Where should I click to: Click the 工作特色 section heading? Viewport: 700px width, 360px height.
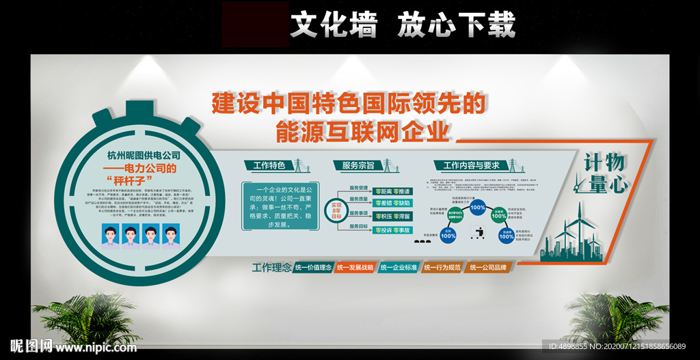coord(269,165)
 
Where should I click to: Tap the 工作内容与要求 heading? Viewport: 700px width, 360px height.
coord(472,165)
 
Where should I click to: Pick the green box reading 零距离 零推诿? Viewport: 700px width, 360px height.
coord(393,191)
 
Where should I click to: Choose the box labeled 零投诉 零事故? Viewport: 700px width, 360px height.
coord(393,230)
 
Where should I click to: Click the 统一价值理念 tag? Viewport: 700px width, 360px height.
coord(313,268)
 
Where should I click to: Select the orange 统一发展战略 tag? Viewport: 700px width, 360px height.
coord(355,268)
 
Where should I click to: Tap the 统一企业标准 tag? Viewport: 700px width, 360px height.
coord(399,268)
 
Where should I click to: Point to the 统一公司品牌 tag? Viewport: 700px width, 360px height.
coord(488,268)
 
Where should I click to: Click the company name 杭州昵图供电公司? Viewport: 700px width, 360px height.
coord(144,155)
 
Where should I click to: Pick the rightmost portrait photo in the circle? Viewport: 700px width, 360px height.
coord(171,235)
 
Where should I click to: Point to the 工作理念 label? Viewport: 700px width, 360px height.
coord(272,267)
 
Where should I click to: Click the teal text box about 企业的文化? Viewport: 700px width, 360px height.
coord(280,205)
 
